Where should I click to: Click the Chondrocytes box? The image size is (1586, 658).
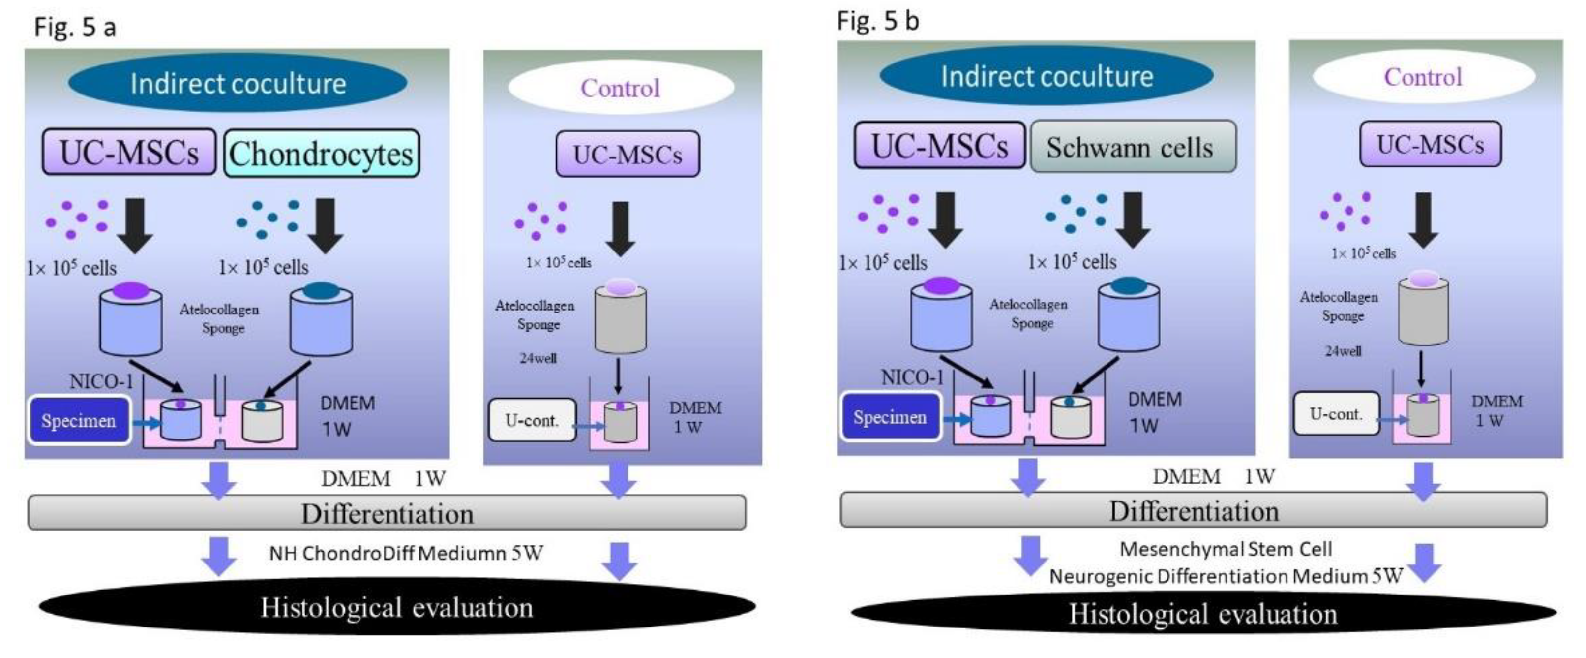[322, 154]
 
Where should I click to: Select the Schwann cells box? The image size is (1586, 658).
[1133, 147]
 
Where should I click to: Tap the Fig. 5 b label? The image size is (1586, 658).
[877, 21]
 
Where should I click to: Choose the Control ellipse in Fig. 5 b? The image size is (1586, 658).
[1423, 77]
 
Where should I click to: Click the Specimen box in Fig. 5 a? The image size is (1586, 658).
[79, 421]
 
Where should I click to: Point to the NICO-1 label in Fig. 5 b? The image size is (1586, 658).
[912, 377]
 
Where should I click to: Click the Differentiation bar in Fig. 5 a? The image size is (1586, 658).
[387, 513]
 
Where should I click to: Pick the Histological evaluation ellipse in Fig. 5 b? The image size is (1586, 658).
[1202, 614]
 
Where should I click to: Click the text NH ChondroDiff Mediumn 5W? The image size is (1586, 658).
[406, 553]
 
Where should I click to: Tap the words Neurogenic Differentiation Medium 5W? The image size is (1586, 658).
[1225, 576]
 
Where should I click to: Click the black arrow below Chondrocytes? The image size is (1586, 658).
[325, 225]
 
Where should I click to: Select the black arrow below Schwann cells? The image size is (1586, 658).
[1133, 219]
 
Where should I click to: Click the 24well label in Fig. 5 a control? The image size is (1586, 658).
[538, 358]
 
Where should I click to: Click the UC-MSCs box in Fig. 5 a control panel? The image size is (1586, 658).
[628, 154]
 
